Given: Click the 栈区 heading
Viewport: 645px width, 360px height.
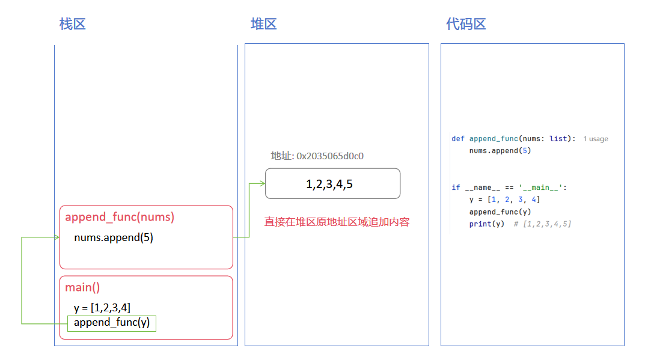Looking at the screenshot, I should [x=72, y=24].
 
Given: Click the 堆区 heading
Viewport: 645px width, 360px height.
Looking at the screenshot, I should [x=263, y=24].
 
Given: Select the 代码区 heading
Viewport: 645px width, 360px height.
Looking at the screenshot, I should [x=465, y=24].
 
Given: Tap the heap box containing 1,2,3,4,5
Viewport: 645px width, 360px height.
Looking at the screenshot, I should [x=332, y=184].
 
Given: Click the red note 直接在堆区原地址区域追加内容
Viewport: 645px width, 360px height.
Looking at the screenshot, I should [x=337, y=222].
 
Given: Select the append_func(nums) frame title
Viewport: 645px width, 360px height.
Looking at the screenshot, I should [x=120, y=217].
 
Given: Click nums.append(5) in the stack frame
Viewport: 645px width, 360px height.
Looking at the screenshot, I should [x=114, y=237].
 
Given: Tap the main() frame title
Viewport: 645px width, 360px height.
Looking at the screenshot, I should [x=82, y=287].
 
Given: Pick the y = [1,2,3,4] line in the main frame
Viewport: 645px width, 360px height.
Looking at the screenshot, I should [x=102, y=308].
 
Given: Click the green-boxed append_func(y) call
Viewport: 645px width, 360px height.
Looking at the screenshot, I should [x=112, y=323].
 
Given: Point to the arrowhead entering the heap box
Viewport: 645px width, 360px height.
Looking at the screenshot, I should [x=262, y=183].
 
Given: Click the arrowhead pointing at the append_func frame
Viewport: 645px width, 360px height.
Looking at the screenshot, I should [x=57, y=237].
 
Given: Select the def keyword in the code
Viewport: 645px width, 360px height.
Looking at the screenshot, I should [x=458, y=139].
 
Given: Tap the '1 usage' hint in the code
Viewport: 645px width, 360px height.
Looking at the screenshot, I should [x=596, y=139].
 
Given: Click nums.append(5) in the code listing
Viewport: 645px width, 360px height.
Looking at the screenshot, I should [x=500, y=151].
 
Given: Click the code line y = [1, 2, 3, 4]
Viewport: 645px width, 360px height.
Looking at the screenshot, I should [x=504, y=200].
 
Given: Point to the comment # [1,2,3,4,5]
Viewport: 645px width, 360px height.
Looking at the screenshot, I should [x=542, y=224].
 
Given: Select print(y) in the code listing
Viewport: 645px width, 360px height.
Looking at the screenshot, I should [x=487, y=224].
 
